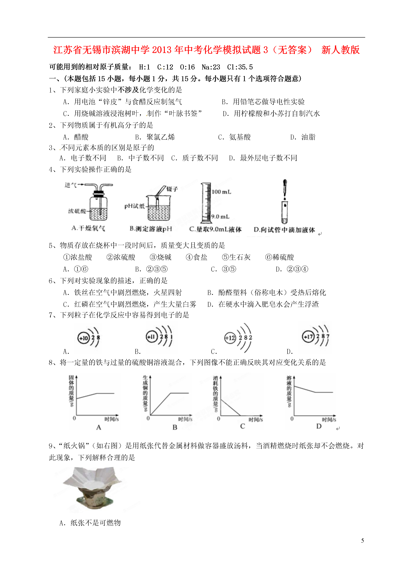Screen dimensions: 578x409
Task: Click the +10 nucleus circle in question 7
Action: coord(83,338)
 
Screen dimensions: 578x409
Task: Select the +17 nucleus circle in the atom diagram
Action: coord(308,337)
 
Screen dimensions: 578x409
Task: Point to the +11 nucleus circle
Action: coord(152,337)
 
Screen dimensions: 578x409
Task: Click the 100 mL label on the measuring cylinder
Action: coord(221,192)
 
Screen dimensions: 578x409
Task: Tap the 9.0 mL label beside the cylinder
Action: coord(220,216)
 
